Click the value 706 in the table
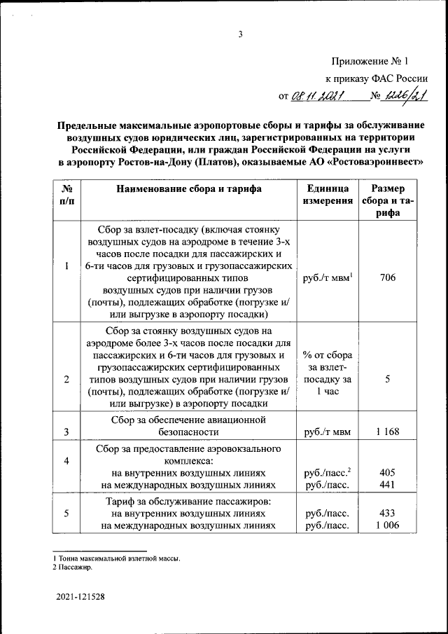[387, 278]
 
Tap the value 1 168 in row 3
[387, 432]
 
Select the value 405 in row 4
[387, 472]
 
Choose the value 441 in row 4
[387, 484]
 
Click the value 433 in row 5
[387, 513]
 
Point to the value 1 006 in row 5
[387, 525]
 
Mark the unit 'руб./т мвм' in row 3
[326, 432]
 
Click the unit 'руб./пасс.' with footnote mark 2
[327, 472]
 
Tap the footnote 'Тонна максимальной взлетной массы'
[117, 558]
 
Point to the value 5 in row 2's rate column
[387, 379]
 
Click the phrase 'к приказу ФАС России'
[377, 79]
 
